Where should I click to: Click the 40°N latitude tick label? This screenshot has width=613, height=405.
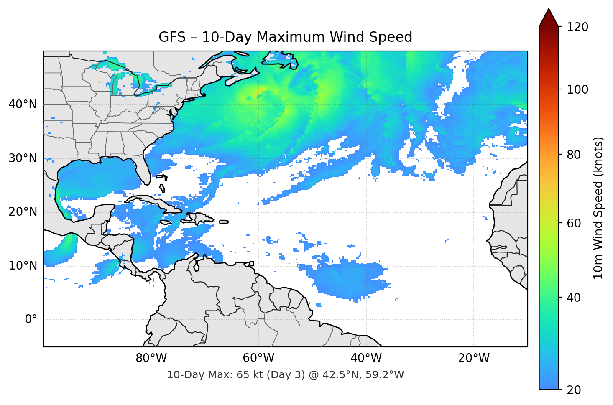(23, 104)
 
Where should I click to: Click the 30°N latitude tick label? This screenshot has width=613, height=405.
(23, 158)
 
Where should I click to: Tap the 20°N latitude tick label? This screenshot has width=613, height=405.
(23, 212)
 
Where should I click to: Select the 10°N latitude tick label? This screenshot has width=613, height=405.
(23, 266)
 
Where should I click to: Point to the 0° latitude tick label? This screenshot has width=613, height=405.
(31, 320)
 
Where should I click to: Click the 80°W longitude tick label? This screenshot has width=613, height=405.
(151, 358)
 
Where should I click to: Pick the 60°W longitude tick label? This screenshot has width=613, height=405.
(258, 358)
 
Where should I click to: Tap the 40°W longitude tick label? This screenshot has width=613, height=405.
(366, 358)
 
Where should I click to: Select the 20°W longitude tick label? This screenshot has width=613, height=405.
(473, 358)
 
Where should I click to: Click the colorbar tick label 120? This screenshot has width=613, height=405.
(577, 27)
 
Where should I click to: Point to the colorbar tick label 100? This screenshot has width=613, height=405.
(577, 89)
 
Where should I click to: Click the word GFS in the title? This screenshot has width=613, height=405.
(172, 37)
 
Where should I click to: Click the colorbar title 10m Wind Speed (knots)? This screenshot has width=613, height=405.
(598, 208)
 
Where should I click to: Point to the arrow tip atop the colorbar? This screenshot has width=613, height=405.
(549, 9)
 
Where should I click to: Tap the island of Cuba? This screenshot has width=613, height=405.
(155, 203)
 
